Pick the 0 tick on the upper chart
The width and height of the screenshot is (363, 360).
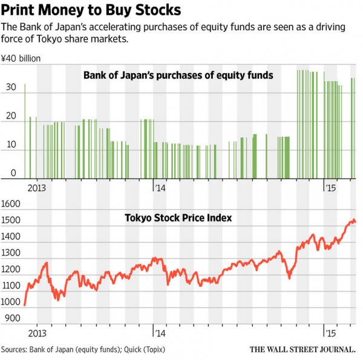tap(13, 174)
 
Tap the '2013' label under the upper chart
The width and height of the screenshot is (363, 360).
tap(38, 188)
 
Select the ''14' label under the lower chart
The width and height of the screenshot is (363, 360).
tap(159, 334)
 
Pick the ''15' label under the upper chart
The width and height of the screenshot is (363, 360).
tap(330, 188)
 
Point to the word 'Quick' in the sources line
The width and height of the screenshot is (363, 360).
tap(127, 350)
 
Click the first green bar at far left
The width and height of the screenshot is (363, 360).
tap(25, 131)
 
